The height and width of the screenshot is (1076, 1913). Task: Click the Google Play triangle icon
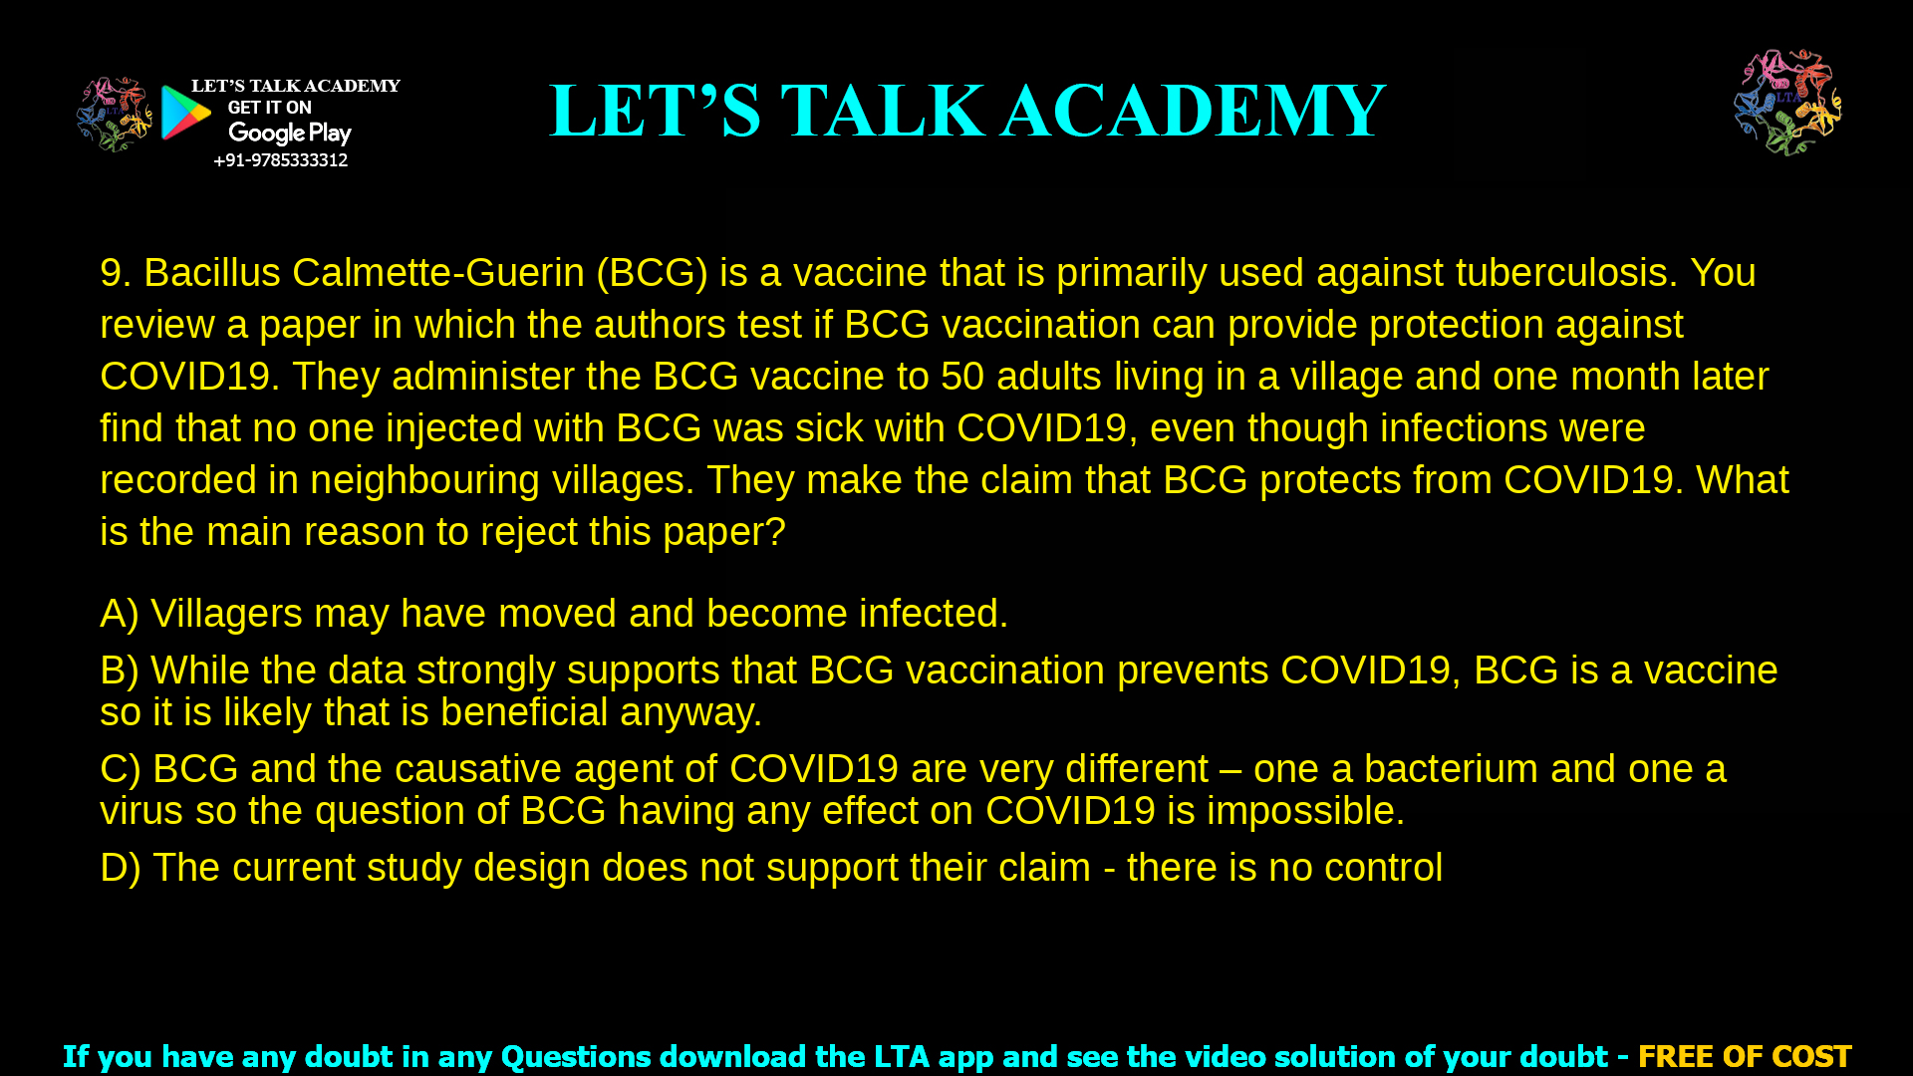(x=185, y=112)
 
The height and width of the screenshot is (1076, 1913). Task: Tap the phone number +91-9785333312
(x=280, y=160)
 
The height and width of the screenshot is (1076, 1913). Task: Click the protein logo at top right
(x=1787, y=103)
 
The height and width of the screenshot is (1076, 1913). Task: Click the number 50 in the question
(x=962, y=377)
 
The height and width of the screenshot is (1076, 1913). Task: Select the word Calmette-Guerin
(x=438, y=273)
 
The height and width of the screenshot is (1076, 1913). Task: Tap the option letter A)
(x=120, y=614)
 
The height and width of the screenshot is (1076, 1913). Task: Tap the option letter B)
(x=120, y=671)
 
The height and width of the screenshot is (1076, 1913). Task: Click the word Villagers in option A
(x=226, y=614)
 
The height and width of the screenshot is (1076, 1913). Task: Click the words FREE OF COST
(x=1744, y=1056)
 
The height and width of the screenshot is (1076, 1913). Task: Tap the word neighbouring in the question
(x=425, y=480)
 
